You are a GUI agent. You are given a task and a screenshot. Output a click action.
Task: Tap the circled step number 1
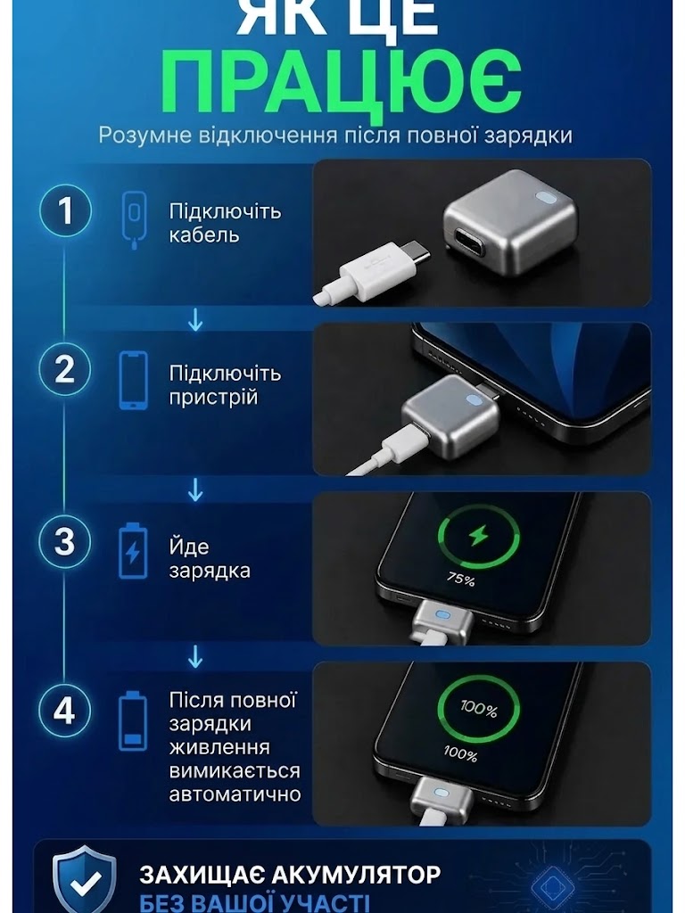pyautogui.click(x=65, y=210)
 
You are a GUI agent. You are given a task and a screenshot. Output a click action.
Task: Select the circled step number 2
pyautogui.click(x=65, y=370)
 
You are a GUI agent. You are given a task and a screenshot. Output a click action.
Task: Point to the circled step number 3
pyautogui.click(x=65, y=541)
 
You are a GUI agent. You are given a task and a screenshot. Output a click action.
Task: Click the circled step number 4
pyautogui.click(x=65, y=711)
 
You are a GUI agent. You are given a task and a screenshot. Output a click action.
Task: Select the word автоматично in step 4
pyautogui.click(x=235, y=794)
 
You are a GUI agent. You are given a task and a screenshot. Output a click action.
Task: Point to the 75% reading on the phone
pyautogui.click(x=461, y=579)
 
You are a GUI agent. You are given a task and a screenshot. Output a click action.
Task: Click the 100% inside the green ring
pyautogui.click(x=479, y=709)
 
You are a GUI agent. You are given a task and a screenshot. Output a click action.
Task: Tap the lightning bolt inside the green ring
pyautogui.click(x=479, y=536)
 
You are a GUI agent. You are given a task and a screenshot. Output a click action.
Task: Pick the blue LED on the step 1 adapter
pyautogui.click(x=548, y=199)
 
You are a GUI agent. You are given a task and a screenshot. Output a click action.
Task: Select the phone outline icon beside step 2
pyautogui.click(x=134, y=380)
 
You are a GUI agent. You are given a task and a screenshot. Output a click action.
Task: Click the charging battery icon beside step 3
pyautogui.click(x=134, y=551)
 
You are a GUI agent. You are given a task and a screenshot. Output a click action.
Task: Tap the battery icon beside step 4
pyautogui.click(x=134, y=720)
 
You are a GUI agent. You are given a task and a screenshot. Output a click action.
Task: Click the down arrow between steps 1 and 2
pyautogui.click(x=195, y=320)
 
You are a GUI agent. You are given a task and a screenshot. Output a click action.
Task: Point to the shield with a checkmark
pyautogui.click(x=85, y=879)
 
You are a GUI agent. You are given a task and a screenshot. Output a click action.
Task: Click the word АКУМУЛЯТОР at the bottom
pyautogui.click(x=356, y=875)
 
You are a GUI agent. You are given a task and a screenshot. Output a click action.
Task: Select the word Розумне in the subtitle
pyautogui.click(x=145, y=136)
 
